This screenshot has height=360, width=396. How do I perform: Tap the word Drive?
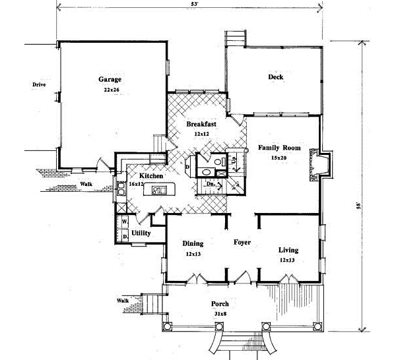(38, 84)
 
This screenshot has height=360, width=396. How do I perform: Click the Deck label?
(276, 77)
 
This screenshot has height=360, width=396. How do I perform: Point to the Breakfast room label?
(201, 124)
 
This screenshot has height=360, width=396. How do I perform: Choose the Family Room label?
(279, 148)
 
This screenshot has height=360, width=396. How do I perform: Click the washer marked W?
(124, 222)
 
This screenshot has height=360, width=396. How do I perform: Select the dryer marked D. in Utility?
(124, 236)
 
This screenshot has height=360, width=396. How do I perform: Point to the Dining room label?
(193, 243)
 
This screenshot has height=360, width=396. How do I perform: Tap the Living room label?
(288, 251)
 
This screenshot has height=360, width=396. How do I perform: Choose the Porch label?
(219, 304)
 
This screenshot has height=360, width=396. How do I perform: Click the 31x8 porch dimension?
(219, 314)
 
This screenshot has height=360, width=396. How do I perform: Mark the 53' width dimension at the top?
(189, 5)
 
